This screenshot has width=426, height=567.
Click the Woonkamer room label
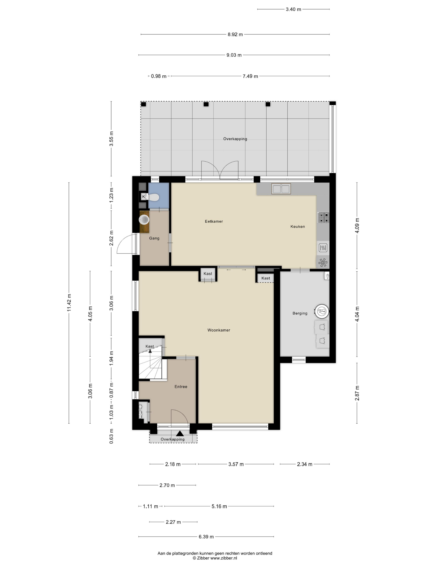218,330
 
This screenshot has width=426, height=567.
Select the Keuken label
298,227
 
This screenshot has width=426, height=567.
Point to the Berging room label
300,313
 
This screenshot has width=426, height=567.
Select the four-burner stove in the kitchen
323,217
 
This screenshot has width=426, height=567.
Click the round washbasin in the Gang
144,220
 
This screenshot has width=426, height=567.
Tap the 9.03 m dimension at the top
234,55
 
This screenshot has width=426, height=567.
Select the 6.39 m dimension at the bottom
206,537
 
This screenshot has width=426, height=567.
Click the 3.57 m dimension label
236,464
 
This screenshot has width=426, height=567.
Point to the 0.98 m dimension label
158,76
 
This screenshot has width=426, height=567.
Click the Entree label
181,387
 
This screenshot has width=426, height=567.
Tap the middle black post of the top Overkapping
206,104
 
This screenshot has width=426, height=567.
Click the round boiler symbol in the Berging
322,311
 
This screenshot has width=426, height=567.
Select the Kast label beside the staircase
150,346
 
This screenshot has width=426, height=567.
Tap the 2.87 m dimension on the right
357,393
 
